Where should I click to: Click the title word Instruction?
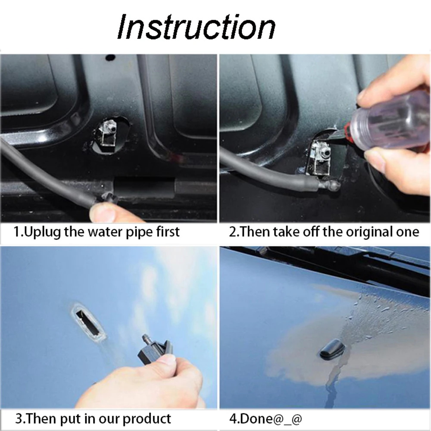pos(196,27)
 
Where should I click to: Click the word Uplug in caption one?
pos(42,232)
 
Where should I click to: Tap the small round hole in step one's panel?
pos(110,57)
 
